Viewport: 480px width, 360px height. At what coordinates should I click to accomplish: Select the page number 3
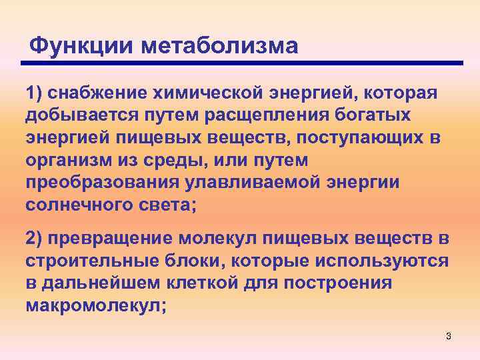tap(449, 336)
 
